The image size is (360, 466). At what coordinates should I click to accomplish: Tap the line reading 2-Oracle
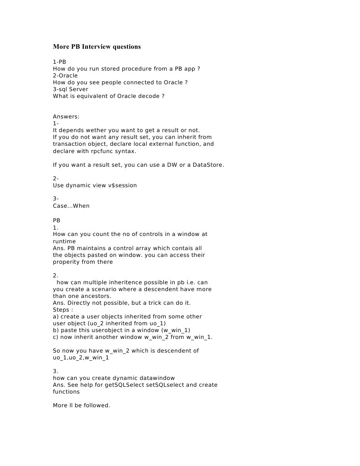(65, 76)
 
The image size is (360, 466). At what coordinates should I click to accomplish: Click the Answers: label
(66, 117)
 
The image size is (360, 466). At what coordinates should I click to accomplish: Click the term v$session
(122, 185)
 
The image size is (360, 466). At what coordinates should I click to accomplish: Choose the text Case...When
(71, 206)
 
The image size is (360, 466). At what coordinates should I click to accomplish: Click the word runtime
(64, 241)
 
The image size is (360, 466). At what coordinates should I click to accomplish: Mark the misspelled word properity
(67, 262)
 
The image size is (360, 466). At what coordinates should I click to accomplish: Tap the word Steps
(61, 310)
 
